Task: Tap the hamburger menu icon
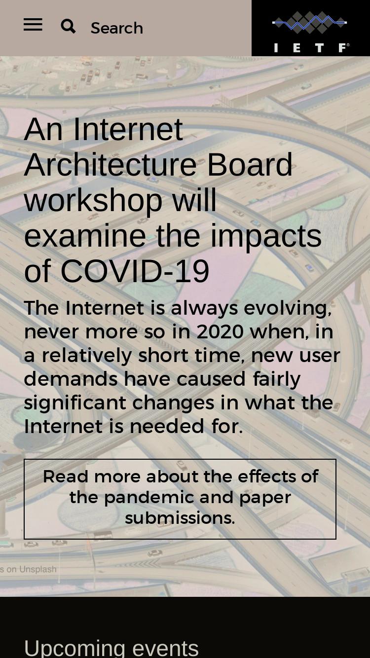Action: tap(33, 24)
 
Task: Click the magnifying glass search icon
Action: tap(68, 27)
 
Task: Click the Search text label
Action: tap(117, 28)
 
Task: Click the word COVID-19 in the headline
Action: tap(135, 271)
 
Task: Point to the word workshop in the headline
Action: tap(93, 201)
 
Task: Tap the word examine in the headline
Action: tap(85, 236)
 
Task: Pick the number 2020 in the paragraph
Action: tap(220, 332)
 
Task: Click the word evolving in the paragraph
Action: tap(288, 308)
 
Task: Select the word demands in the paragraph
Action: tap(71, 379)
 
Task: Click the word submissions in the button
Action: tap(180, 518)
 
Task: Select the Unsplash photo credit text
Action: tap(28, 569)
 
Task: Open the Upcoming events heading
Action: tap(111, 648)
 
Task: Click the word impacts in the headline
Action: tap(266, 236)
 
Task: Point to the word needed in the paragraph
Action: tap(167, 426)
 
